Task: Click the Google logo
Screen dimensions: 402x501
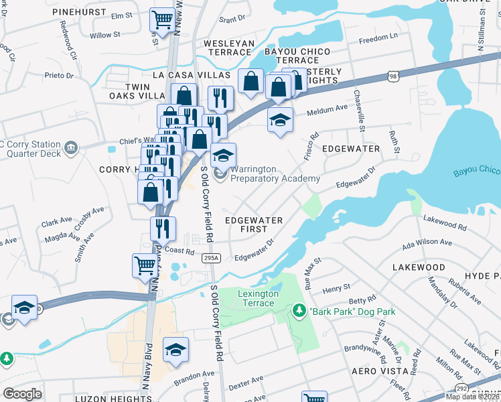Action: coord(23,394)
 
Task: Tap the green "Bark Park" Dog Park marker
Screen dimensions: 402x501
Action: coord(299,310)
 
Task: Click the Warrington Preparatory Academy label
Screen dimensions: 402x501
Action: coord(275,174)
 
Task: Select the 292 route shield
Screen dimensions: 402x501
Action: coord(461,389)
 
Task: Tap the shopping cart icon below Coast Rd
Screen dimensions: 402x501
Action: coord(145,265)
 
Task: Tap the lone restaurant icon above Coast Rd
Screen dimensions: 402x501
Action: coord(163,228)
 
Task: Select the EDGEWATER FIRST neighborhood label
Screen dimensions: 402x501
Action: coord(253,224)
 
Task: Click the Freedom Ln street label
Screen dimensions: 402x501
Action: coord(378,38)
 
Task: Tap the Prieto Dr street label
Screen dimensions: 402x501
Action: coord(60,76)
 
